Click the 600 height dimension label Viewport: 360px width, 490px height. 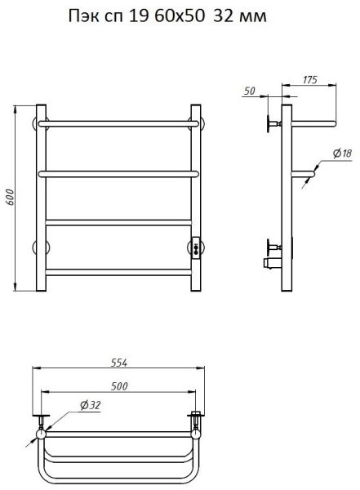[x=11, y=197]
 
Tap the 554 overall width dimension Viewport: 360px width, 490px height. [x=119, y=363]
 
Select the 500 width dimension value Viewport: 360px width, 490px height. [x=119, y=386]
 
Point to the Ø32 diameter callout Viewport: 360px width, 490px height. [x=91, y=405]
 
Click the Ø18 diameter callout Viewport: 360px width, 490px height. [x=342, y=154]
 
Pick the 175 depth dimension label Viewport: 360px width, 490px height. [x=309, y=80]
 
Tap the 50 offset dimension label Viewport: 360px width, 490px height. [x=249, y=91]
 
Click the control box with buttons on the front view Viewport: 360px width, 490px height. [x=196, y=247]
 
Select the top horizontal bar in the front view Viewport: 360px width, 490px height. [x=118, y=124]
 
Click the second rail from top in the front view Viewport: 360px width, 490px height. [x=118, y=174]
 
